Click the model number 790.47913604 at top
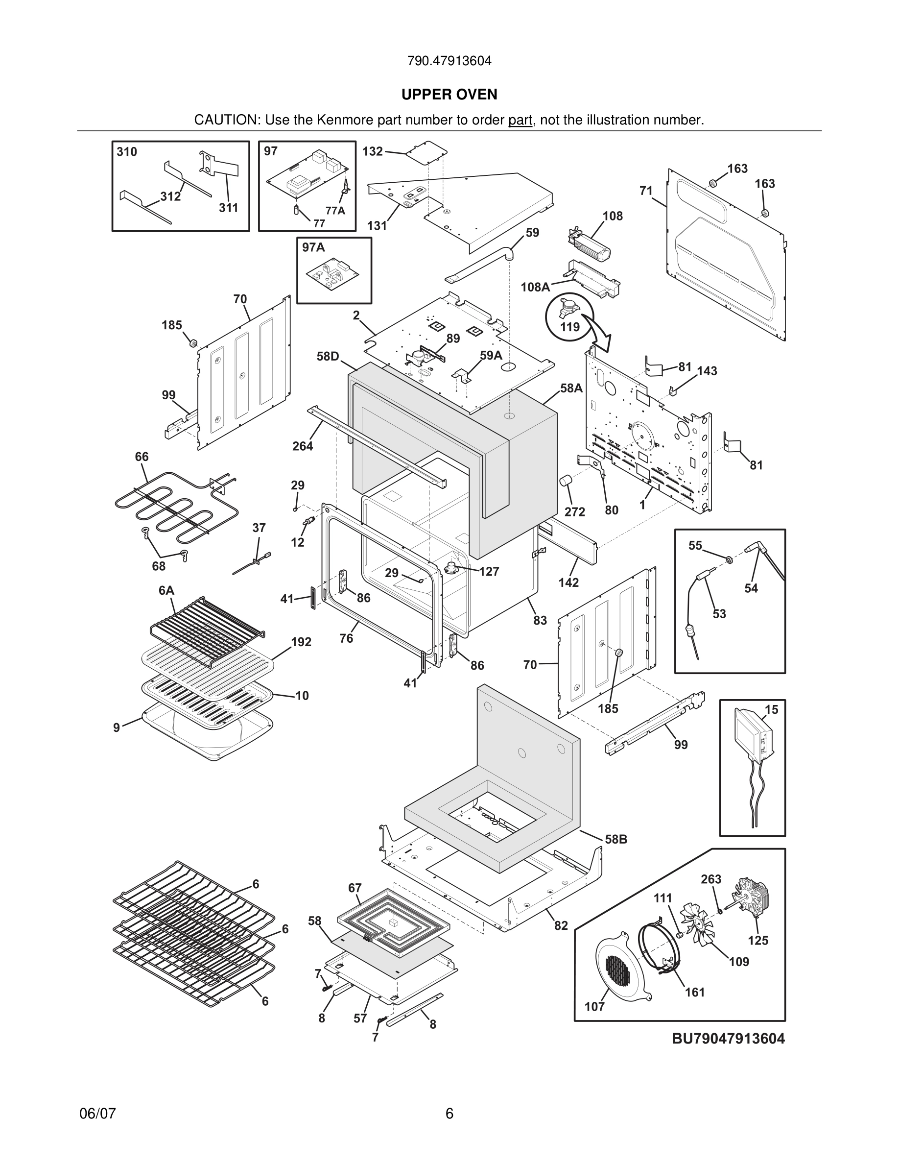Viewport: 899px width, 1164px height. click(x=449, y=61)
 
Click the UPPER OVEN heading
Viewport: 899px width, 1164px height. click(x=449, y=95)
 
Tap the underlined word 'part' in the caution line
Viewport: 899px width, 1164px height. click(x=520, y=121)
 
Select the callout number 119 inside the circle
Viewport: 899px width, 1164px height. click(x=570, y=326)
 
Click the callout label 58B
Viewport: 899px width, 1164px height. click(x=615, y=839)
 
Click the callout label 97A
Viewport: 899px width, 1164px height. click(x=313, y=247)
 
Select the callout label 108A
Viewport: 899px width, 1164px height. click(x=535, y=287)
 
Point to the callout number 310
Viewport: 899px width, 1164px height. click(x=127, y=152)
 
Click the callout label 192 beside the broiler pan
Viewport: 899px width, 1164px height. click(x=301, y=642)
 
